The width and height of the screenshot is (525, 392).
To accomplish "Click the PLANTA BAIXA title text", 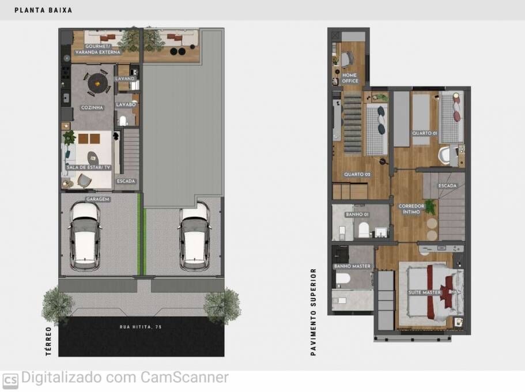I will click(43, 10).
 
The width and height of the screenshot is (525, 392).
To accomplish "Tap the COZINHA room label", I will click(92, 108).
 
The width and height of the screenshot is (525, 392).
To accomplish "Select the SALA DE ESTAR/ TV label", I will click(88, 167).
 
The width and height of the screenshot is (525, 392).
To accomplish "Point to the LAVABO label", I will click(126, 105).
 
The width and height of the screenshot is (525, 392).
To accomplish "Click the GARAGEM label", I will click(98, 199).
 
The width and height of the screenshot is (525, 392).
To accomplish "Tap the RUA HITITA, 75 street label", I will click(141, 327).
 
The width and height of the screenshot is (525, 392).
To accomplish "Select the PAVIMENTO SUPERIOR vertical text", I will click(314, 311).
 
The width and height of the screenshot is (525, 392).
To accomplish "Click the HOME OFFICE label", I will click(350, 78).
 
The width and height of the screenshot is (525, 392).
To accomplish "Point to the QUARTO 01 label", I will click(424, 133).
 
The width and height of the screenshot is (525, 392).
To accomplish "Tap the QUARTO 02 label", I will click(357, 174).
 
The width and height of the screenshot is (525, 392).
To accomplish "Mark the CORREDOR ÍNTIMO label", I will click(411, 209).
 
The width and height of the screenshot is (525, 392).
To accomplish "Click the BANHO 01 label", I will click(357, 214).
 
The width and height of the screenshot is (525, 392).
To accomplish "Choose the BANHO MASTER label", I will click(352, 266).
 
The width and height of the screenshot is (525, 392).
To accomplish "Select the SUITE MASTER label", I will click(425, 293).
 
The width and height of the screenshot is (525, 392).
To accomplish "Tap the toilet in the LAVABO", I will click(123, 121).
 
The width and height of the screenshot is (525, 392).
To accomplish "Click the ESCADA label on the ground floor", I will click(126, 181).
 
